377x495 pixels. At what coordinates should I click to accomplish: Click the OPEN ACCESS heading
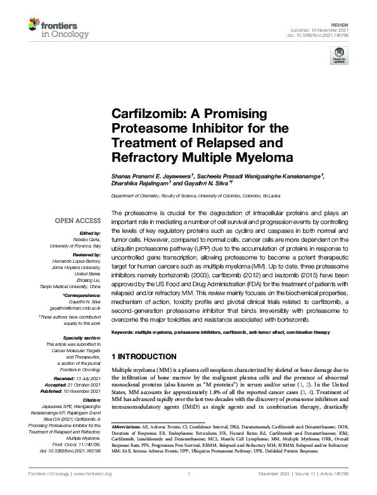click(77, 221)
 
